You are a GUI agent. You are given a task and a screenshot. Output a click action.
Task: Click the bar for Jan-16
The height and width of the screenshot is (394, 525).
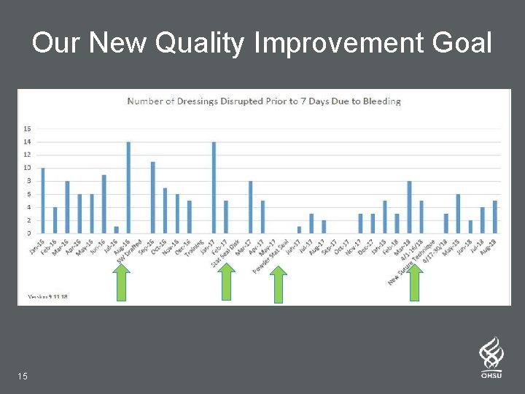tap(43, 201)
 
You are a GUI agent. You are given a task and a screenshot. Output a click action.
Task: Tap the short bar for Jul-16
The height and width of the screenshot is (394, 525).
tap(116, 230)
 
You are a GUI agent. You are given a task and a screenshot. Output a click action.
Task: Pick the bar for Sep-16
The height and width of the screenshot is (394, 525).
tap(153, 197)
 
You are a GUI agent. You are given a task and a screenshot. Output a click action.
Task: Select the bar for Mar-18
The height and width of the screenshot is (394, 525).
tap(409, 207)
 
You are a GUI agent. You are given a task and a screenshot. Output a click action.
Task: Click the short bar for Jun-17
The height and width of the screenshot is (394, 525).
tap(299, 230)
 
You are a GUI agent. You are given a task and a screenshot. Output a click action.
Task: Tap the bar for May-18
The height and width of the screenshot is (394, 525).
tap(458, 214)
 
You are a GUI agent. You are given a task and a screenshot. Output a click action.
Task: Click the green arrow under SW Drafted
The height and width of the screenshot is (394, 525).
tap(122, 282)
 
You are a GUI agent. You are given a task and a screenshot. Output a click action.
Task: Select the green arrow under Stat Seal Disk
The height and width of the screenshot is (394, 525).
tap(227, 282)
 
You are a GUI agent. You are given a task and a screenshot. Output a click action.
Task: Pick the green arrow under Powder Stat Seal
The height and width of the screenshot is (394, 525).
tap(278, 285)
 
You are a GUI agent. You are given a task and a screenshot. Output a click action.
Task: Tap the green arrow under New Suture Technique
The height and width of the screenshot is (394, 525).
tap(415, 282)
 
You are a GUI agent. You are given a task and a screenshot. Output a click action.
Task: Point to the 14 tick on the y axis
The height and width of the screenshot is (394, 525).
tap(27, 142)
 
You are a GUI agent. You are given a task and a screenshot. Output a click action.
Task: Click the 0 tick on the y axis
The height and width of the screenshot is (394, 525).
tap(28, 233)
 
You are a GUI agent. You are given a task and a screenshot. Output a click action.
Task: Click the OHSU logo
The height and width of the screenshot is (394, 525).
tap(491, 358)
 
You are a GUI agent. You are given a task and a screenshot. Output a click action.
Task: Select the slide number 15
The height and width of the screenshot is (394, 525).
tap(23, 376)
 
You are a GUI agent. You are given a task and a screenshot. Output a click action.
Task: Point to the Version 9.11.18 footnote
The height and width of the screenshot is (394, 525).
tap(47, 297)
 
